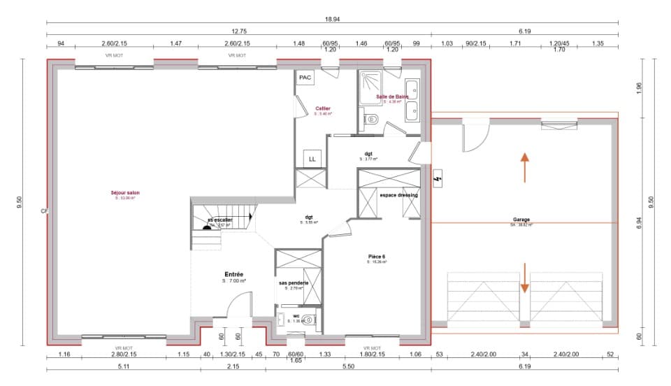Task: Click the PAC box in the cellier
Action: (x=305, y=78)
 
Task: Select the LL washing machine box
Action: (x=312, y=159)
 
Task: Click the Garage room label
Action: (x=521, y=220)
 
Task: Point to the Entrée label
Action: (x=233, y=274)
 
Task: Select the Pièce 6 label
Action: (x=377, y=257)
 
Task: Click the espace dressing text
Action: (x=398, y=195)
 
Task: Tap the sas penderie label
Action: (x=294, y=283)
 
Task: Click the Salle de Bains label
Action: (x=392, y=96)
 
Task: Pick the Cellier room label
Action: (x=322, y=108)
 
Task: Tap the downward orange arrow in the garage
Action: (x=524, y=278)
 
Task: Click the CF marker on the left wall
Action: (x=43, y=210)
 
